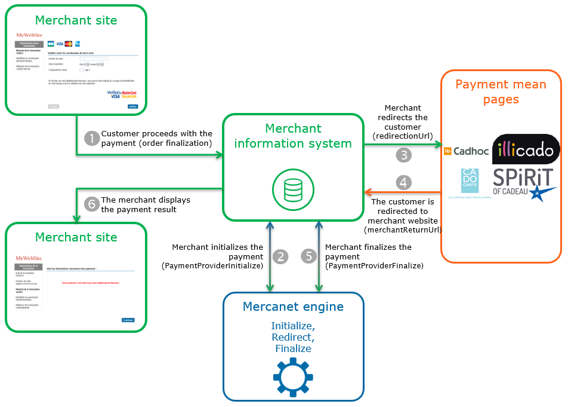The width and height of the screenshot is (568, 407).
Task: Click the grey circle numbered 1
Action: (92, 139)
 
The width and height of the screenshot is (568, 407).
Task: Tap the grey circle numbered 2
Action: (280, 256)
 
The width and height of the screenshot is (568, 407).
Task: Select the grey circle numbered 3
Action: (404, 155)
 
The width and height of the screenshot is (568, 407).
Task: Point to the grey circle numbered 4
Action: (404, 182)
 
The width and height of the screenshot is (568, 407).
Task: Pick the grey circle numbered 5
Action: (308, 256)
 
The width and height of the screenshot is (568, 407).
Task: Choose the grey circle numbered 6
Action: (92, 204)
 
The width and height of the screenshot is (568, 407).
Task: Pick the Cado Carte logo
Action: (469, 181)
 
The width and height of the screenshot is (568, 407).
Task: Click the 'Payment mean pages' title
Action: (501, 91)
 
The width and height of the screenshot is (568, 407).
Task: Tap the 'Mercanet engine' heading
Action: (293, 307)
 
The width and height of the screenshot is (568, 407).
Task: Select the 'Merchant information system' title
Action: (293, 136)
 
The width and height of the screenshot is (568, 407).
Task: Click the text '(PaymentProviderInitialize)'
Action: (212, 266)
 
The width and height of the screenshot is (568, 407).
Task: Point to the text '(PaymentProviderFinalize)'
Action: (373, 266)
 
